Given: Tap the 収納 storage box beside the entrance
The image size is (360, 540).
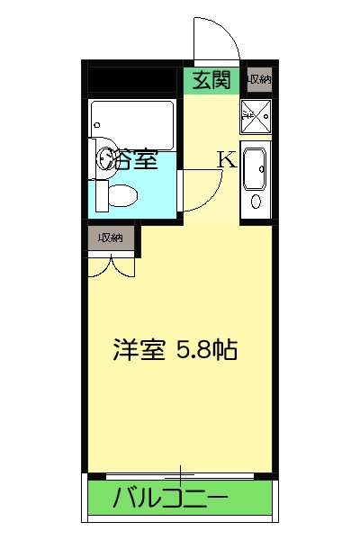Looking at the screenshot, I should tap(259, 80).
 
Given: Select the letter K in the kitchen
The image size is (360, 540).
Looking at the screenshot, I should tap(227, 160).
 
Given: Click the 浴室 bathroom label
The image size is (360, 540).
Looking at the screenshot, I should tap(133, 160).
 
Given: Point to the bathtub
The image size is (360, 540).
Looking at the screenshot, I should tap(132, 118).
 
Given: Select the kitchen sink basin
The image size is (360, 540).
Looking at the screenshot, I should tap(253, 166).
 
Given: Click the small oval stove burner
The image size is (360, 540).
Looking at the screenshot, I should tap(255, 202).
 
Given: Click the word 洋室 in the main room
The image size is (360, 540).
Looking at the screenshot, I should tap(139, 350).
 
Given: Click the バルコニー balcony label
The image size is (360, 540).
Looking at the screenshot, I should tap(171, 497).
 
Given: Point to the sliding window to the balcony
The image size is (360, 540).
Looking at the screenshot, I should tap(180, 474).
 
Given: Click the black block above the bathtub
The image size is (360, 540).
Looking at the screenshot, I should tap(132, 79).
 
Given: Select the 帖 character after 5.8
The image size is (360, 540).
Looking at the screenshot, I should tap(225, 350).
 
